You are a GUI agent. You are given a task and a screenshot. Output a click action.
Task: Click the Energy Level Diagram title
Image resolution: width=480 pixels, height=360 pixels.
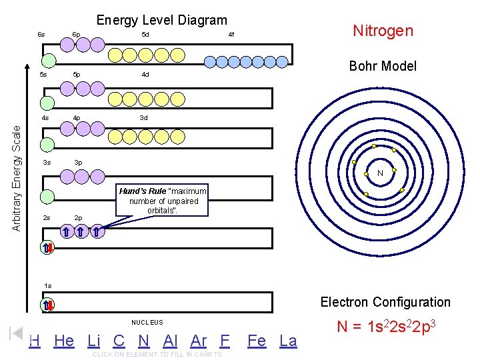pos(161,21)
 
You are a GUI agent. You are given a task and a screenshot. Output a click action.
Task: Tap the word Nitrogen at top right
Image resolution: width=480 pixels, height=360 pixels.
pos(383,31)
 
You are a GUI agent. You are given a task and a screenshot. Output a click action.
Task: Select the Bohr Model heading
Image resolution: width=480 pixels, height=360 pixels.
pos(382,66)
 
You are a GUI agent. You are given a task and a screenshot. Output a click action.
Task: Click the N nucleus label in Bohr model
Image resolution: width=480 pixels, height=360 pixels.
pos(380,173)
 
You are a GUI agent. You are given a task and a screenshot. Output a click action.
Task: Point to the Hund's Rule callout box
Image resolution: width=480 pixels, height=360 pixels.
pos(163,201)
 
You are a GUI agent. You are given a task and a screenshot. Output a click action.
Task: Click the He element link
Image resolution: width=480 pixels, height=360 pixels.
pos(64,341)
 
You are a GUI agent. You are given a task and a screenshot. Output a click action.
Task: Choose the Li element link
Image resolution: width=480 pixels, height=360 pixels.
pos(94,341)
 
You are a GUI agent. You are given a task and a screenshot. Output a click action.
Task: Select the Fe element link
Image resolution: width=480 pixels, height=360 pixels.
pos(257,341)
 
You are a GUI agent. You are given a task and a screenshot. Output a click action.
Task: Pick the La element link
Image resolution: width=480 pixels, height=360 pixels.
pos(288,341)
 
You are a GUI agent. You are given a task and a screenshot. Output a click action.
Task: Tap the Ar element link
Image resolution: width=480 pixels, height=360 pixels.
pos(199,341)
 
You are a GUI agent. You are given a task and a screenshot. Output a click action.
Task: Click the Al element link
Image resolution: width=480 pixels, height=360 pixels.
pos(170,341)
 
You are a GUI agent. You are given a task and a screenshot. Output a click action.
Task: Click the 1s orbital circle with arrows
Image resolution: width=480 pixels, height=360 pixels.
pos(47,305)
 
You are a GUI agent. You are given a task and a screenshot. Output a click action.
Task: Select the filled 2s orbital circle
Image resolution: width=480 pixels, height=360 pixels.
pos(47,248)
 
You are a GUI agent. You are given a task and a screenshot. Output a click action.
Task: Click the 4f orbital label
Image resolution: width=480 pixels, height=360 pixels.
pos(231,34)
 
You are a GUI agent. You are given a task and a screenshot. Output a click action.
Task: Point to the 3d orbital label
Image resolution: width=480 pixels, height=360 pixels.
pos(143,117)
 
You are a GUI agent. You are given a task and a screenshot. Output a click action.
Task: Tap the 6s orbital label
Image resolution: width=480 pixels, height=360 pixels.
pos(41,34)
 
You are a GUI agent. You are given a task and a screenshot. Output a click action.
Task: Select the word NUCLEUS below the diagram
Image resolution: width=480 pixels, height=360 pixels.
pos(147,323)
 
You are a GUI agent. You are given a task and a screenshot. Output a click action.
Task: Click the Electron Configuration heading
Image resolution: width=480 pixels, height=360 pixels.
pos(385,302)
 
